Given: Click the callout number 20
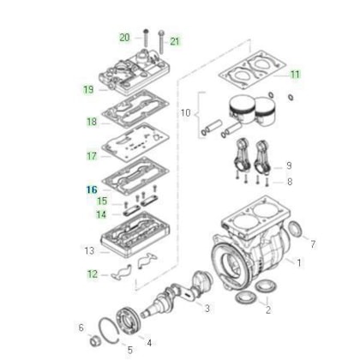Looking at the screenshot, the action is (124, 38).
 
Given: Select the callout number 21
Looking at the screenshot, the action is (175, 41).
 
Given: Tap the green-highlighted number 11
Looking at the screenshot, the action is (295, 75).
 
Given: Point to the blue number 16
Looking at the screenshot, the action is (92, 189).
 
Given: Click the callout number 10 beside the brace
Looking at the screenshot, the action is (185, 113).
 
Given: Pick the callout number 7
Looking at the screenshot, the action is (313, 244).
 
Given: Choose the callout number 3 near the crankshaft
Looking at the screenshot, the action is (207, 309).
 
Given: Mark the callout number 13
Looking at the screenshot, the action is (89, 251).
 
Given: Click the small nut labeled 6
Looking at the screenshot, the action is (94, 341).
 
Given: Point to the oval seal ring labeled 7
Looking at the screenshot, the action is (295, 229).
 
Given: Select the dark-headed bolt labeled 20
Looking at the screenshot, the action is (146, 38).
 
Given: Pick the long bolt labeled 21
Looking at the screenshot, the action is (161, 42).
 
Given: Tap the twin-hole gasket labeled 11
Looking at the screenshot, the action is (253, 69).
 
